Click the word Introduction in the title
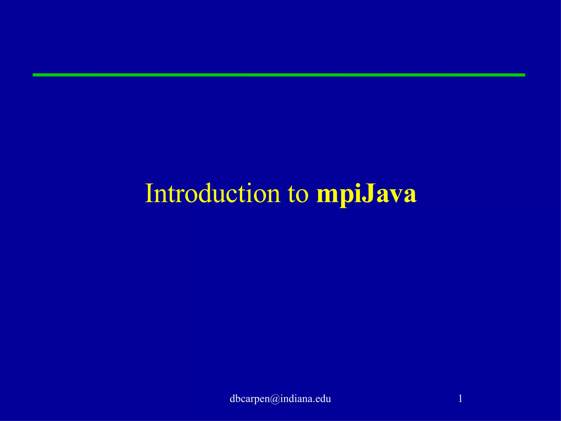tap(213, 194)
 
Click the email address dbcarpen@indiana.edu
tap(280, 399)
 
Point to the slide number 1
tap(460, 398)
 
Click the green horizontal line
tap(279, 75)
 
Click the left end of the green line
tap(34, 75)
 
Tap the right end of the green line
tap(524, 75)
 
